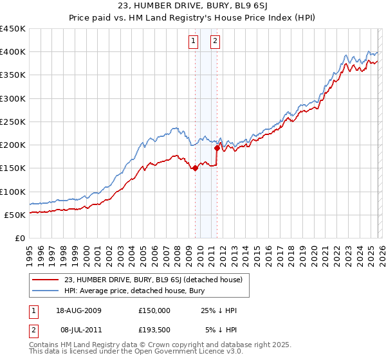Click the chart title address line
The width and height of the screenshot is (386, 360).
click(x=192, y=6)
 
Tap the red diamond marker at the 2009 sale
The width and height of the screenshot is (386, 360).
click(x=195, y=169)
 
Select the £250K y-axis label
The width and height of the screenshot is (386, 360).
click(x=13, y=122)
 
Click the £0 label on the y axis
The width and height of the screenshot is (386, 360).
click(x=19, y=238)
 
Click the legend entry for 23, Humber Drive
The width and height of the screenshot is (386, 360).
click(x=153, y=280)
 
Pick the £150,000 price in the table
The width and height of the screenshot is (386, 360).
click(x=154, y=310)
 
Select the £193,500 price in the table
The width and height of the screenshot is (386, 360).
click(x=154, y=330)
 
